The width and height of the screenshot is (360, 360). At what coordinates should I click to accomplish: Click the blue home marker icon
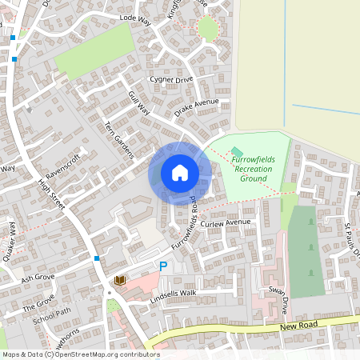[x=180, y=173]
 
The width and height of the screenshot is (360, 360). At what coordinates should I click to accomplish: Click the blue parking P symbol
[x=163, y=266]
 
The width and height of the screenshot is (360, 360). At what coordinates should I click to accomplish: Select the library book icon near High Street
[x=120, y=280]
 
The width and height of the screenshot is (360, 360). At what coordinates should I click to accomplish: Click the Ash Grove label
[x=38, y=278]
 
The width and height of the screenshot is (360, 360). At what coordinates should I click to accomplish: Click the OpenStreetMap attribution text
[x=80, y=354]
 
